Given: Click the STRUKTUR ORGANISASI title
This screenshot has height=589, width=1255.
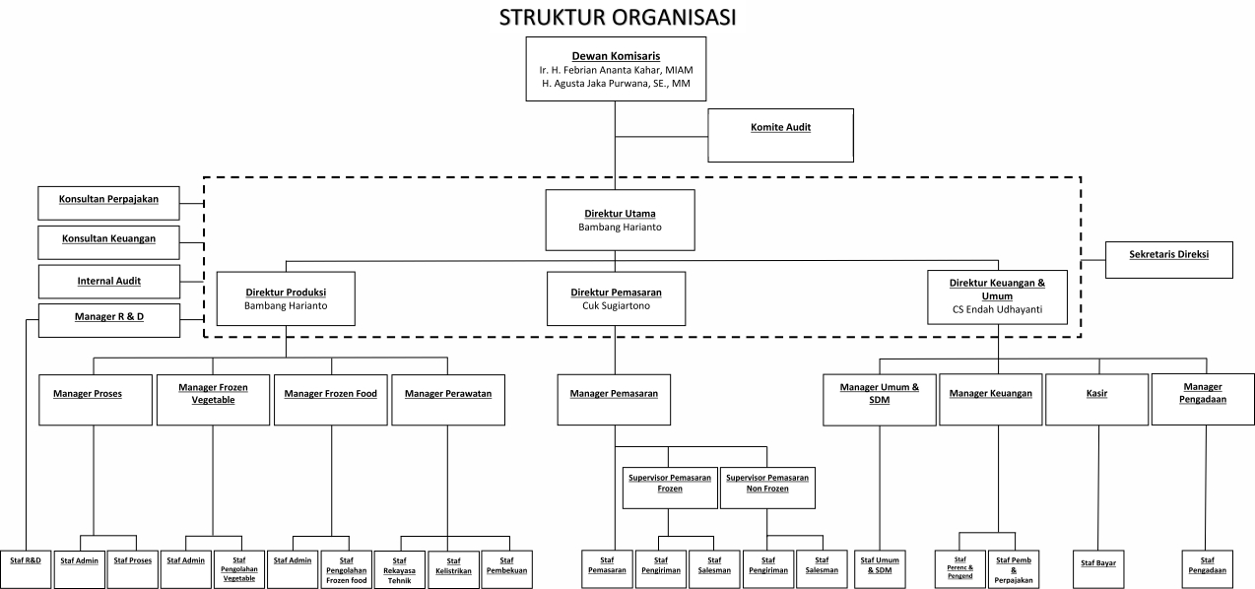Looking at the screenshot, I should (617, 18).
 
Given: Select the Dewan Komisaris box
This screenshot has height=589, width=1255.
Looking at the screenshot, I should (616, 69).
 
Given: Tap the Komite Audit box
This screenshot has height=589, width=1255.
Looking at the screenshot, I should (780, 135).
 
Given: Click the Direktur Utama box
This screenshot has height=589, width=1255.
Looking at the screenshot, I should (620, 219).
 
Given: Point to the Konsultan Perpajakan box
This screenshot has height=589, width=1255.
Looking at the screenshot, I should (109, 202).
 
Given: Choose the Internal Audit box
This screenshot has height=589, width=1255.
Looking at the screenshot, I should (109, 281).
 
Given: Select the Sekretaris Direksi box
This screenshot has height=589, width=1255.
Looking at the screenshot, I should (1168, 260).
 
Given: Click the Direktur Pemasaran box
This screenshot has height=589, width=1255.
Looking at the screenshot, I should (617, 298).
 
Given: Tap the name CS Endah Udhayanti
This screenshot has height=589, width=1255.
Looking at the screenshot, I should (997, 309).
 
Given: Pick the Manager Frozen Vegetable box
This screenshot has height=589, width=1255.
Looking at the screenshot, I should (213, 399).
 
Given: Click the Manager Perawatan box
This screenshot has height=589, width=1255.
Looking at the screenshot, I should (447, 399).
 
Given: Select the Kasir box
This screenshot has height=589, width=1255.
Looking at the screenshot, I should (1096, 399).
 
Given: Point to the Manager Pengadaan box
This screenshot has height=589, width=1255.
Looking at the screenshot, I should (1203, 399).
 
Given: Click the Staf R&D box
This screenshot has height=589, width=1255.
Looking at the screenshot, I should (26, 560).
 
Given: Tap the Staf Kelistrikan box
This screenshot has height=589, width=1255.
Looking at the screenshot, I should (453, 568).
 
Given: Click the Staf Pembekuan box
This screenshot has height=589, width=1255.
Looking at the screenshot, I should (506, 568).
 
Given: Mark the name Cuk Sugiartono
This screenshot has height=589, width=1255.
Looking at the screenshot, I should (617, 305).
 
